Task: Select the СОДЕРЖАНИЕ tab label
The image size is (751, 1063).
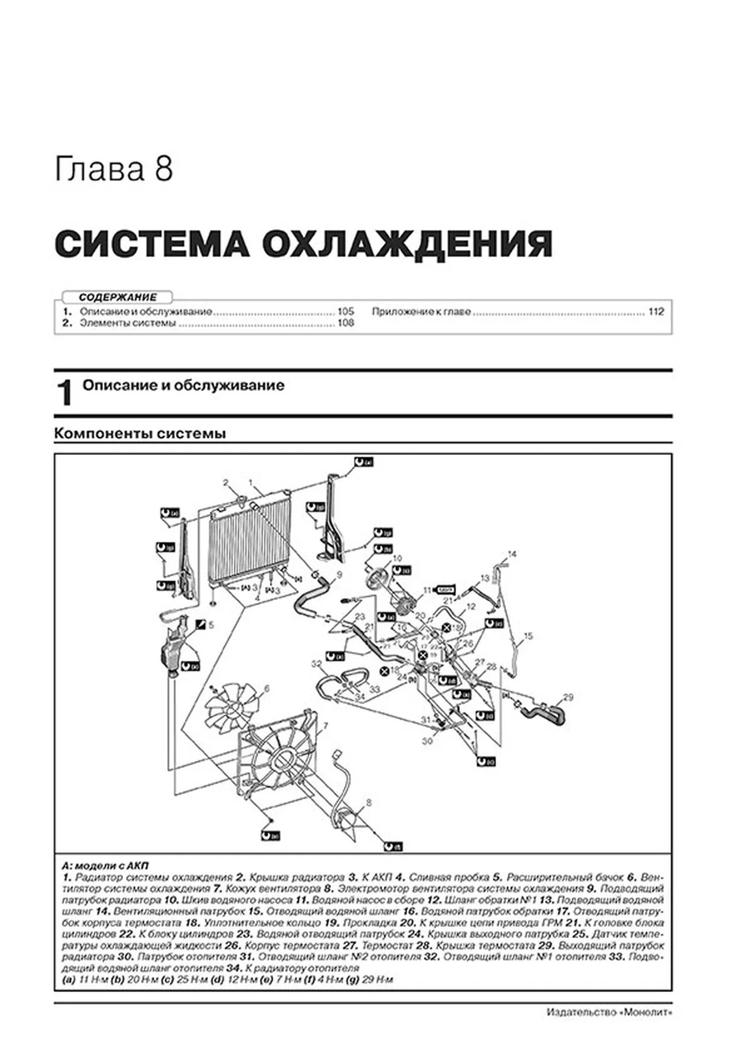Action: coord(118,297)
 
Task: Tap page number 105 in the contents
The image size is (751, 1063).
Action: coord(345,312)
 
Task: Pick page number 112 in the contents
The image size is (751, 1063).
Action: coord(656,312)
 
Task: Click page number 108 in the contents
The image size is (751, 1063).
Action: coord(345,323)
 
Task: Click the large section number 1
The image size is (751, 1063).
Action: coord(65,394)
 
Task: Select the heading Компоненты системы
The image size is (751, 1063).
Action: coord(140,433)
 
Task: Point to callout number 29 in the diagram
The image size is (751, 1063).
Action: coord(568,697)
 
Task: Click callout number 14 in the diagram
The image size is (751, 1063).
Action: coord(512,554)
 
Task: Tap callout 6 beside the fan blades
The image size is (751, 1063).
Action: coord(266,688)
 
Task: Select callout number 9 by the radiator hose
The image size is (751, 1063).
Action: coord(339,575)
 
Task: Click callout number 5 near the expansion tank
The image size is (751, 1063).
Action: coord(211,625)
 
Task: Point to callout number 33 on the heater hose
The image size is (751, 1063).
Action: coord(374,689)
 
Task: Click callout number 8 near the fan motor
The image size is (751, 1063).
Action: coord(369,802)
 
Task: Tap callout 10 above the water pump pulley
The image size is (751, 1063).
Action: coord(397,558)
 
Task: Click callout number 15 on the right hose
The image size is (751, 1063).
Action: coord(528,636)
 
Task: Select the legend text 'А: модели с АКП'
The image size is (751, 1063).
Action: coord(105,865)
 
